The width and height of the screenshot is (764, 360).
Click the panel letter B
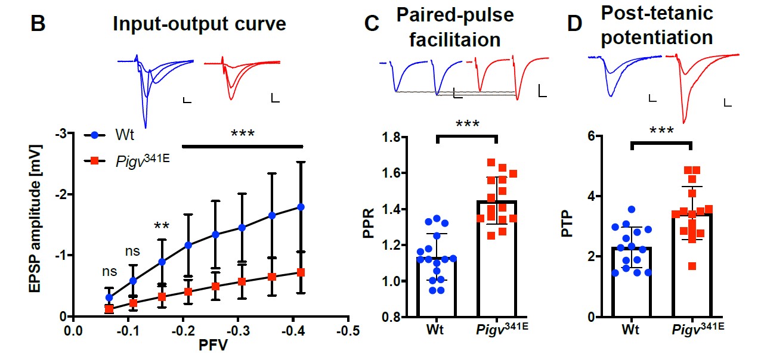[38, 24]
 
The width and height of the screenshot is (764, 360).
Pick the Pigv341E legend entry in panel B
[138, 160]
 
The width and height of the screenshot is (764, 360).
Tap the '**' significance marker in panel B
[161, 227]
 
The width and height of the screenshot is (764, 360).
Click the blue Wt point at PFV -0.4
[301, 207]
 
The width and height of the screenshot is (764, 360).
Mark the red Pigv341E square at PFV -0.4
[301, 272]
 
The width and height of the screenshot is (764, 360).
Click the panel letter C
[372, 24]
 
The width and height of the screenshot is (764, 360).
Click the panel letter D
[574, 24]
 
